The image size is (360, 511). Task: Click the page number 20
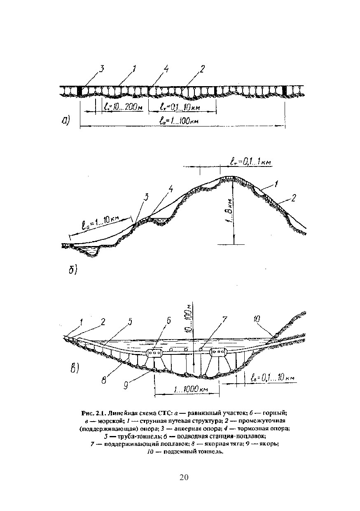coord(184,478)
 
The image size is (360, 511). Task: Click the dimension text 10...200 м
coord(123,107)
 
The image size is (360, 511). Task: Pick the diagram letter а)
coord(66,120)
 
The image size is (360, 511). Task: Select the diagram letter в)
coord(75,368)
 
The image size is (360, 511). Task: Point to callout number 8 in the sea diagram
coord(105,380)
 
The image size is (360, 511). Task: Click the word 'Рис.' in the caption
coord(88,413)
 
